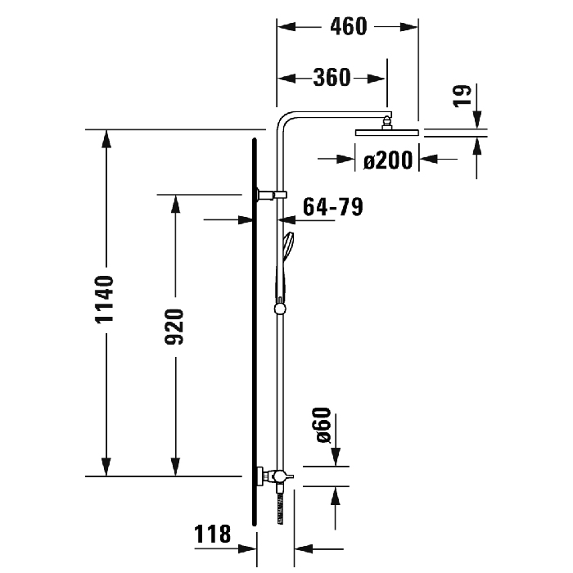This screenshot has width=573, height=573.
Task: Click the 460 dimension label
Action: (348, 26)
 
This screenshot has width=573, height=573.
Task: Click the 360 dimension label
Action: (332, 78)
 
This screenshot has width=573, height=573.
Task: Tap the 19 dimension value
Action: (463, 95)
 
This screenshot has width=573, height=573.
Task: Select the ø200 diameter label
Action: (387, 160)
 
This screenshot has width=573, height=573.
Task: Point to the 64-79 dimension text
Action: (332, 207)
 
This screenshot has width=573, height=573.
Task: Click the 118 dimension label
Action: (212, 535)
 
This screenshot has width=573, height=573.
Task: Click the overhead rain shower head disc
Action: (387, 131)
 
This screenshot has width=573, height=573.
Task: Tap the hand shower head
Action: (289, 246)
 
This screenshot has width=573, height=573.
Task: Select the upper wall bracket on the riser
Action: (269, 195)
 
